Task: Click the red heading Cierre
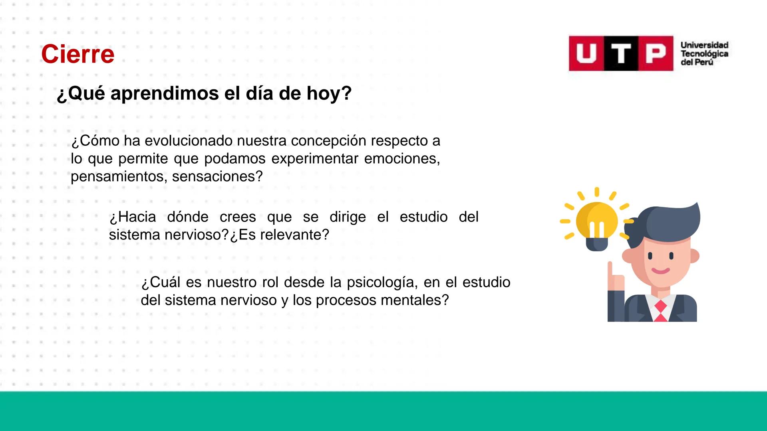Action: pyautogui.click(x=77, y=54)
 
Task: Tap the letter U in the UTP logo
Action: pyautogui.click(x=586, y=53)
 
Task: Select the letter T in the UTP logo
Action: pyautogui.click(x=621, y=53)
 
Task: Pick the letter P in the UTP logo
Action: pyautogui.click(x=656, y=53)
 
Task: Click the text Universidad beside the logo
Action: pyautogui.click(x=704, y=45)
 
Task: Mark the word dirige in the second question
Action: pyautogui.click(x=348, y=217)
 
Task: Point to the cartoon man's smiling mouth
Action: pyautogui.click(x=661, y=271)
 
